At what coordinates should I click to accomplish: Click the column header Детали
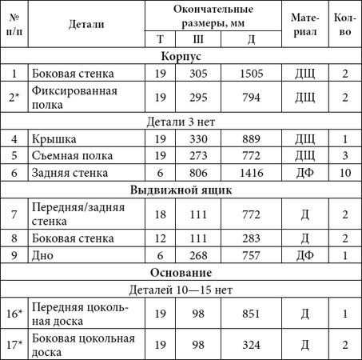[x=86, y=24]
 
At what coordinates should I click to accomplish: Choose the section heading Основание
[x=181, y=271]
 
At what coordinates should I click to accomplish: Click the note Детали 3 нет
[x=181, y=122]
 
